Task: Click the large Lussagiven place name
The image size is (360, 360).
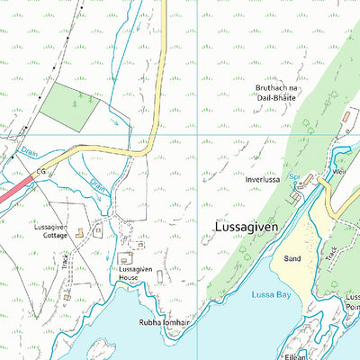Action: (x=249, y=227)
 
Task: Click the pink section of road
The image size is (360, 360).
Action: (x=13, y=192)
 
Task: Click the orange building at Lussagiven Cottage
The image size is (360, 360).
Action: (x=80, y=234)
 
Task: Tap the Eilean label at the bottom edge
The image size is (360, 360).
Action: (x=322, y=355)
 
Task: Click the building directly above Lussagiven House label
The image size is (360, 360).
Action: (x=124, y=259)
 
